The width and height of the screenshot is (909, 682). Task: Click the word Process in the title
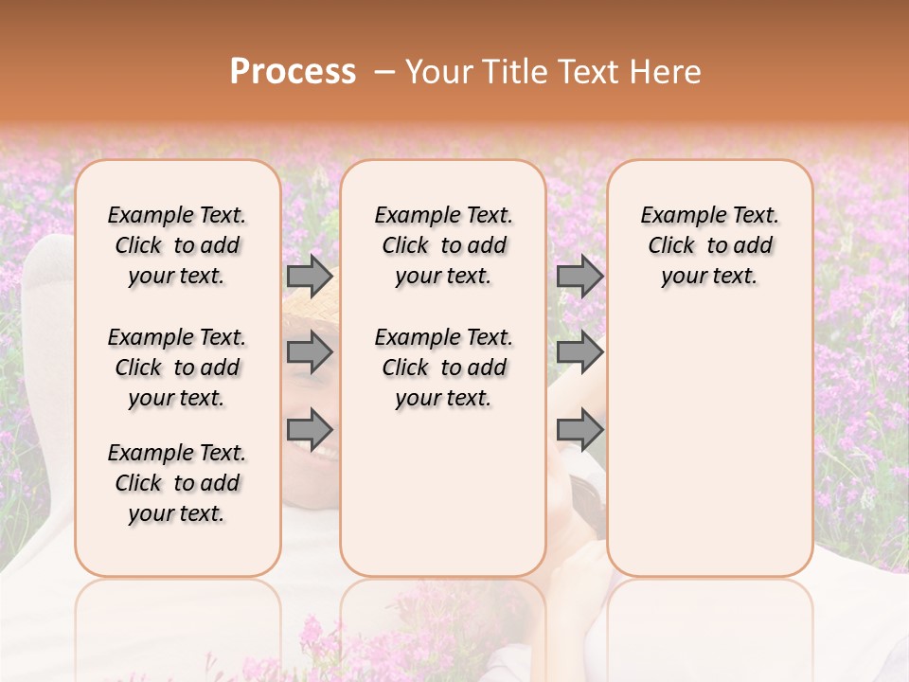click(x=293, y=72)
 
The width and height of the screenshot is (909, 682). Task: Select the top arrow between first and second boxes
click(x=310, y=277)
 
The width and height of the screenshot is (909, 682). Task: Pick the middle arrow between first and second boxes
click(x=310, y=352)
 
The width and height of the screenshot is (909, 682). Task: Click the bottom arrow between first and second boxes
click(x=310, y=429)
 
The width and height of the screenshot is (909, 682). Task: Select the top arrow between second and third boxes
click(x=579, y=277)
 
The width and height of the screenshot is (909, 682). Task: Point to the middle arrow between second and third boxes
click(x=579, y=352)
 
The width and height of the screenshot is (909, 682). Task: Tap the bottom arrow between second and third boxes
click(x=579, y=429)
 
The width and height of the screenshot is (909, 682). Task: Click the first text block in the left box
click(x=177, y=245)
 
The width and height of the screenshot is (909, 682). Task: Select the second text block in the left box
click(x=177, y=368)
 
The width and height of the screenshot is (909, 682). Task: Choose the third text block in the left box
click(x=177, y=483)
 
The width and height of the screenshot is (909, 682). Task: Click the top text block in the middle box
click(x=443, y=245)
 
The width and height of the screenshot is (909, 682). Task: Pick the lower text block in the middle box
click(x=443, y=368)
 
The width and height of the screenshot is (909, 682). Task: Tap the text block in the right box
click(x=710, y=245)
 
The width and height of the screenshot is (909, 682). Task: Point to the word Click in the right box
click(x=671, y=246)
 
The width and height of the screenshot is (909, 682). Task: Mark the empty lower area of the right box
click(x=710, y=436)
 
